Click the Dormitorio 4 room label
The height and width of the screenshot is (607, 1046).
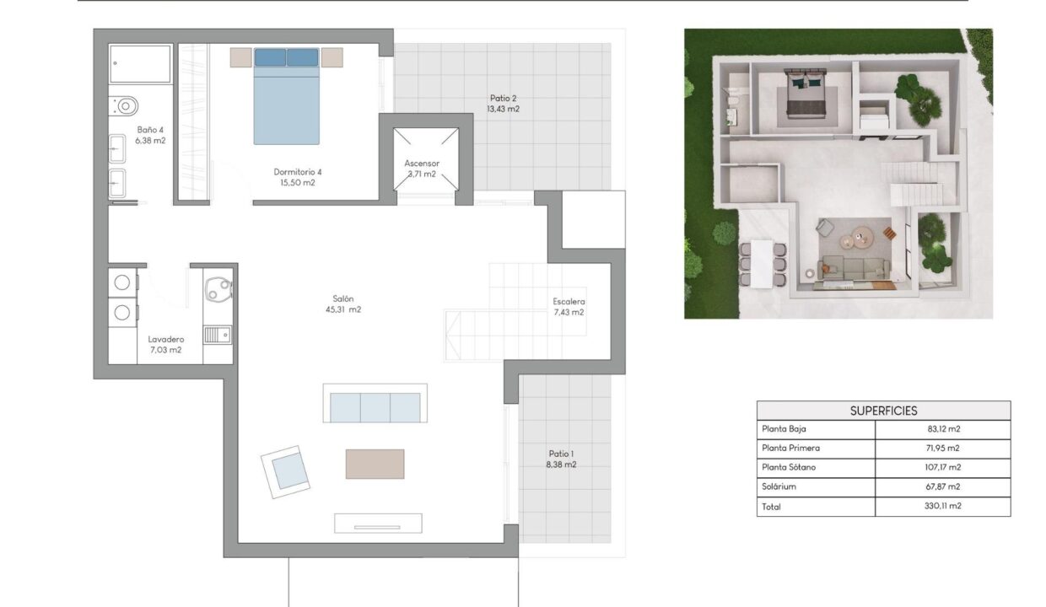(298, 177)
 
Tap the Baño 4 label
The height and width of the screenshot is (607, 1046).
(150, 135)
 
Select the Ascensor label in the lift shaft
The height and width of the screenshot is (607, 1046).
(422, 169)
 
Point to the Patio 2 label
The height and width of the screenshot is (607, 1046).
(503, 104)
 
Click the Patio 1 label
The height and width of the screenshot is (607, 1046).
(561, 459)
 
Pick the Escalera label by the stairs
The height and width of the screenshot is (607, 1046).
(569, 307)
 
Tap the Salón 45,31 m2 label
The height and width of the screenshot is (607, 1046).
(343, 303)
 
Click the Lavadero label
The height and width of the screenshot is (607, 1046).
(166, 344)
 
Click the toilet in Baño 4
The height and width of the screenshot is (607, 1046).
(124, 106)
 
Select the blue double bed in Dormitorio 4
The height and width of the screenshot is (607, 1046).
(287, 96)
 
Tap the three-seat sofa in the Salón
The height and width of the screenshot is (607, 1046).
(375, 403)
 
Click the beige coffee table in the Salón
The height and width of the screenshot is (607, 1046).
(375, 464)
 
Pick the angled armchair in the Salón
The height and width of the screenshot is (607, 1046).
(286, 472)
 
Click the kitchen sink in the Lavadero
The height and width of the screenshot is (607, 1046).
(218, 335)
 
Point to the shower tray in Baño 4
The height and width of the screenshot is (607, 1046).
(140, 64)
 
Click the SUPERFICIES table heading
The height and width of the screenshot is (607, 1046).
(883, 411)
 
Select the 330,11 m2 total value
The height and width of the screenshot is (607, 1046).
(943, 506)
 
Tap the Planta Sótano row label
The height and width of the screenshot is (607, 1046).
(789, 467)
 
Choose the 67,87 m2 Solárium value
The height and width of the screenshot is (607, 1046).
(943, 486)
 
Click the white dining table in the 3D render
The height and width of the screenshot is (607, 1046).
(762, 264)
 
